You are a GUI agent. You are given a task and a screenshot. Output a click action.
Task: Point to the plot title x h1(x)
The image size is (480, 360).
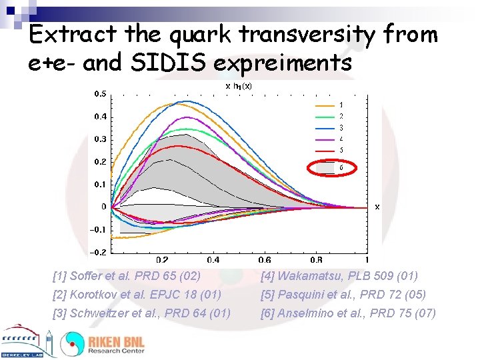(238, 85)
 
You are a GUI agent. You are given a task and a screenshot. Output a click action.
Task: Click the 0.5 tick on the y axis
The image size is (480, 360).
(99, 94)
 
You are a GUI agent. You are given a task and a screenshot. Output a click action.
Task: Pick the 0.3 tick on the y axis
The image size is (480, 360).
(99, 139)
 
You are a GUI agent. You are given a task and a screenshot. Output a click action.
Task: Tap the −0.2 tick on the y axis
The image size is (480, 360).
(97, 252)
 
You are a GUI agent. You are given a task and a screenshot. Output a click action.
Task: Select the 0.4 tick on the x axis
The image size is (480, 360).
(213, 260)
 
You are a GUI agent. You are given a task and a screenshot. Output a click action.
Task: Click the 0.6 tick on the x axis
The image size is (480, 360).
(264, 260)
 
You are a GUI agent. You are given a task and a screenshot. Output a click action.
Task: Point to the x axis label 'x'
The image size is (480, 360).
(377, 207)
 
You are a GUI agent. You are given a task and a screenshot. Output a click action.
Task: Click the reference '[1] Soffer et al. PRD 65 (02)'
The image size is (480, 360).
(127, 276)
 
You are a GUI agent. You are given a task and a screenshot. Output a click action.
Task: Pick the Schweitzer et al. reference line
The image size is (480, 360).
(141, 313)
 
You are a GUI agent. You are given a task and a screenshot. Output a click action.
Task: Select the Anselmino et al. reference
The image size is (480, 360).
(348, 313)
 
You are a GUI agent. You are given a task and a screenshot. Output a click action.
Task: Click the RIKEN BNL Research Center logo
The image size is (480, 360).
(103, 343)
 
